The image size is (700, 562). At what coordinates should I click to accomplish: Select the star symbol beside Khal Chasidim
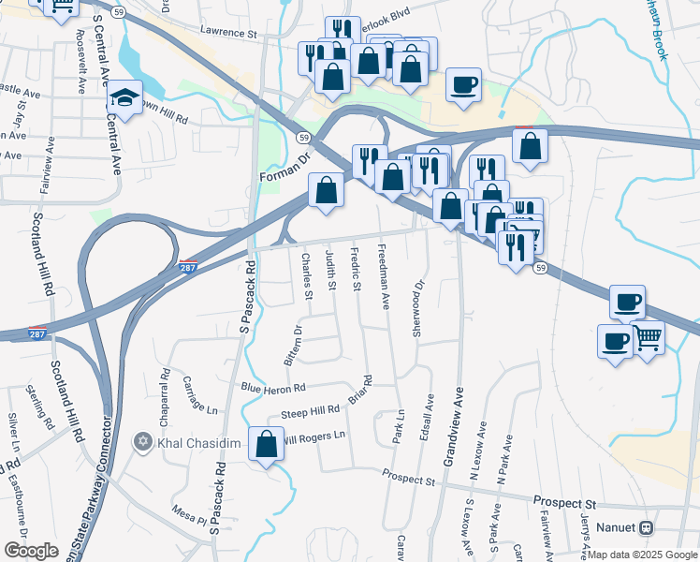pos(142,441)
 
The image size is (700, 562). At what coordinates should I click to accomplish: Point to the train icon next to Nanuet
pos(646,528)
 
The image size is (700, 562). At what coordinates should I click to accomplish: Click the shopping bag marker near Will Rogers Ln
pos(266,444)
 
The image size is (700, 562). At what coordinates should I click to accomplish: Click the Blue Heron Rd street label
pos(273,388)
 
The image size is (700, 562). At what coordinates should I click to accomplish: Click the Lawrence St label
pos(229,33)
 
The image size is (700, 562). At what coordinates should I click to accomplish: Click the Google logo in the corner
pos(31,551)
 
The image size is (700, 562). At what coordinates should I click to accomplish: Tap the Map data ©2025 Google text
pos(642,555)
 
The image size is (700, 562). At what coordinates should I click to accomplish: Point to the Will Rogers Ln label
pos(314,436)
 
